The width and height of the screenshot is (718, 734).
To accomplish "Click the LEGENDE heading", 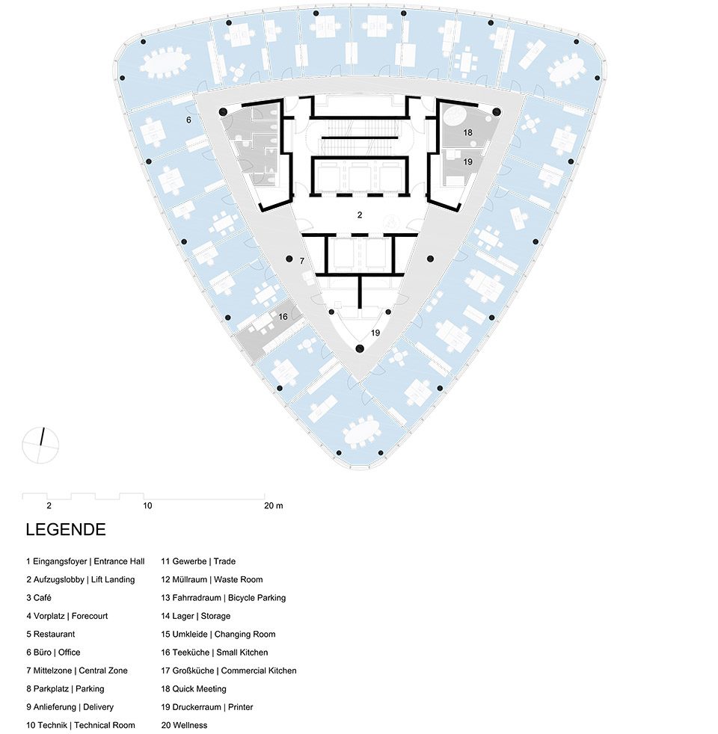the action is point(66,529).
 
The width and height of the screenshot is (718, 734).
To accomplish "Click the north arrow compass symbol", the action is point(40,445).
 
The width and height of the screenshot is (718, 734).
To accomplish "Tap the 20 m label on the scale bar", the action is point(274,505).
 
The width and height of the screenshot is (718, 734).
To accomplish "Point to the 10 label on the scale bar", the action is point(147,505).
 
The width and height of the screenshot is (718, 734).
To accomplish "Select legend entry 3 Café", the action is point(39,598).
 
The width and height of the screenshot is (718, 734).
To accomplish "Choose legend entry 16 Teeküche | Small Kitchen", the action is point(215,653).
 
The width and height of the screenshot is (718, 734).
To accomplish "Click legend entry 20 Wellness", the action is point(184,725).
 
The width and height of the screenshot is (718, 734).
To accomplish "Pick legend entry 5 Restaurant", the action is point(51,635).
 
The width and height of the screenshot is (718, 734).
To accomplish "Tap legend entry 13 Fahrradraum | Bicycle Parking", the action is point(224,598).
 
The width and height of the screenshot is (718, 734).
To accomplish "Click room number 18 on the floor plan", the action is point(467,133).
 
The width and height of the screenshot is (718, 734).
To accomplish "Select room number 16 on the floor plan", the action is point(283,317).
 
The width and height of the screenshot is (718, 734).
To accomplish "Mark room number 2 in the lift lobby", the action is point(360,215).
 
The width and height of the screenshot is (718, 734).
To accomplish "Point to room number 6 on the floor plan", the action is point(188,120).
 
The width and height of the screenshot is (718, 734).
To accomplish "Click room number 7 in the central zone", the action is point(302,261).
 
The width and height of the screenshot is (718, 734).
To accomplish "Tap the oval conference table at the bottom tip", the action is point(362,433).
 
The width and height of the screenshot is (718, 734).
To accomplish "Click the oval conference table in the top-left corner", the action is point(165,64).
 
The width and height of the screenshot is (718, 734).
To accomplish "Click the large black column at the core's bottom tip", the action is point(360,348).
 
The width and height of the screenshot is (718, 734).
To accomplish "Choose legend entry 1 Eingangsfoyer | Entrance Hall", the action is point(85,561).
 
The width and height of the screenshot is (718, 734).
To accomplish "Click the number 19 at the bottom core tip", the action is point(375,333).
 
